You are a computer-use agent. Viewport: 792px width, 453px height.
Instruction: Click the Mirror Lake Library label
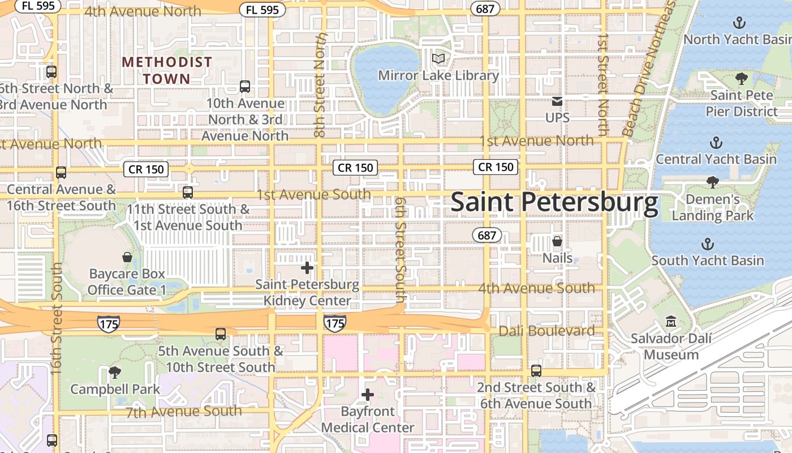pyautogui.click(x=438, y=75)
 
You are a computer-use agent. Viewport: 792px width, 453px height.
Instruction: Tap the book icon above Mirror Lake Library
pyautogui.click(x=438, y=58)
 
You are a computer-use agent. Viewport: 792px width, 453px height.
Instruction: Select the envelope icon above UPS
pyautogui.click(x=557, y=101)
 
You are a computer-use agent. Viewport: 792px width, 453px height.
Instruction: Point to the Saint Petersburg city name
pyautogui.click(x=554, y=203)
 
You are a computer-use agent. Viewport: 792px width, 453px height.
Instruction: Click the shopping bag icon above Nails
pyautogui.click(x=557, y=242)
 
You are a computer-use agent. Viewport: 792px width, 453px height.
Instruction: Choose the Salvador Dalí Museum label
pyautogui.click(x=672, y=347)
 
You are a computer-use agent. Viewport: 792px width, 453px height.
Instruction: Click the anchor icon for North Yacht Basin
pyautogui.click(x=738, y=23)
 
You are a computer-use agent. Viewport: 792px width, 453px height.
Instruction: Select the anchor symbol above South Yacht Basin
pyautogui.click(x=707, y=244)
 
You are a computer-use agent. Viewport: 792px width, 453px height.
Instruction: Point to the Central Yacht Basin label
pyautogui.click(x=716, y=159)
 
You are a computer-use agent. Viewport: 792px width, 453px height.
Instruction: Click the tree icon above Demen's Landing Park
pyautogui.click(x=713, y=182)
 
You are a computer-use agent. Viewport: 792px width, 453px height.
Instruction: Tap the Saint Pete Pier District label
pyautogui.click(x=741, y=103)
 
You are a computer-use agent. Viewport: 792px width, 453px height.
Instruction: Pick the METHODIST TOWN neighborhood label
pyautogui.click(x=167, y=70)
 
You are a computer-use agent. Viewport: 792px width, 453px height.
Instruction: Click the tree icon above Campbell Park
pyautogui.click(x=115, y=373)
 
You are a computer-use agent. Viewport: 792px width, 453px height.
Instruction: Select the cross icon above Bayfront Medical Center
pyautogui.click(x=368, y=395)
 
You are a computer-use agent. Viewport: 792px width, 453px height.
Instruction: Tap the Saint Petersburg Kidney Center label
pyautogui.click(x=307, y=292)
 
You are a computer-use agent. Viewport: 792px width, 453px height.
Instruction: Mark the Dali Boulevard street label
pyautogui.click(x=546, y=331)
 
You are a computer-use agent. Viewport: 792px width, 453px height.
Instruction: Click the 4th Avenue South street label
pyautogui.click(x=536, y=288)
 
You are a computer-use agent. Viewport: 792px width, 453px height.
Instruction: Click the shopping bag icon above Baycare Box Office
pyautogui.click(x=127, y=258)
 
